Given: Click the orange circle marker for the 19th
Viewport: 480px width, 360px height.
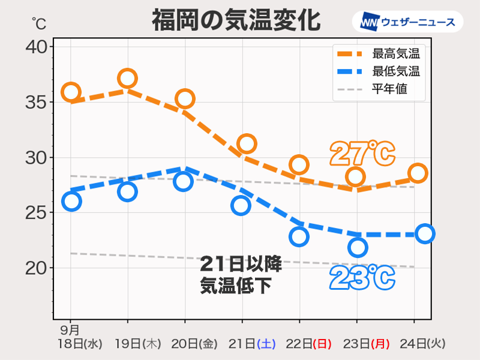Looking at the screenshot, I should point(127,78).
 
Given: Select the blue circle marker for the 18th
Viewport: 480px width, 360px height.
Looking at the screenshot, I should point(71,201).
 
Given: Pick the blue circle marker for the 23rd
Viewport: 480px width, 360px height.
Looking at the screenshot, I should point(358,247).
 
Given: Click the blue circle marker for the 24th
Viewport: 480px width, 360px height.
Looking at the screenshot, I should point(425,233).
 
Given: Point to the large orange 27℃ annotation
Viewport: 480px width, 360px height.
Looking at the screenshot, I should point(362,154).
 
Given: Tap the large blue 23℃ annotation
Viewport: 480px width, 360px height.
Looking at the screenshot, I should point(362,278).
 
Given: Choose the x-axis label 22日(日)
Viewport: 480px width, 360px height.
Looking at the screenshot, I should point(313,344).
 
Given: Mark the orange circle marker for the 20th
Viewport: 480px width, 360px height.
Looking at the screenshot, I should point(184,99).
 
